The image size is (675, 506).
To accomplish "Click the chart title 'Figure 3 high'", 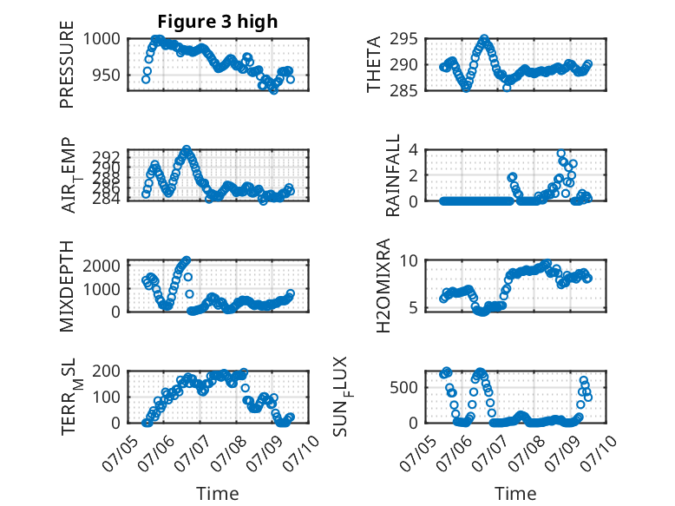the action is click(x=218, y=22).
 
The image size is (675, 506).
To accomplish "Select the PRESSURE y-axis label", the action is click(x=67, y=64).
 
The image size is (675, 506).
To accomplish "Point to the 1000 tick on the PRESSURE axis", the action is click(x=102, y=39).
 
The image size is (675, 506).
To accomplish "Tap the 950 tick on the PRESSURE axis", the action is click(x=107, y=75).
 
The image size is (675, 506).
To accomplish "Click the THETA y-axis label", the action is click(x=374, y=64).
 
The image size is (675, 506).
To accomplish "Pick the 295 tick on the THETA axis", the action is click(x=403, y=39).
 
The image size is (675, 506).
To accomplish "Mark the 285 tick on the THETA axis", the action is click(x=403, y=90).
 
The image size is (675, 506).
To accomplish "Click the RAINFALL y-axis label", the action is click(x=393, y=175).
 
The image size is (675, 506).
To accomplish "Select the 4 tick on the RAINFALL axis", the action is click(x=414, y=150).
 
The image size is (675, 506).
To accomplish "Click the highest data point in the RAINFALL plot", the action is click(x=560, y=154).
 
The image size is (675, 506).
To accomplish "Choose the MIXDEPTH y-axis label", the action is click(x=67, y=286).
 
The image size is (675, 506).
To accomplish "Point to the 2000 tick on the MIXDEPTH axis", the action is click(x=102, y=266).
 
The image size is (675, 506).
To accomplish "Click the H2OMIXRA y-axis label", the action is click(x=383, y=286).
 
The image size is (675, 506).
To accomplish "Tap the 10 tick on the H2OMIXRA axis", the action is click(x=409, y=260).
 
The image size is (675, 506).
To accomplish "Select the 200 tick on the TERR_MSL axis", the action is click(x=107, y=371).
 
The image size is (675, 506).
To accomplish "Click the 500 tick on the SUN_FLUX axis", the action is click(x=403, y=387).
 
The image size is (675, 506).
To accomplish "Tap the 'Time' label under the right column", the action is click(x=515, y=494).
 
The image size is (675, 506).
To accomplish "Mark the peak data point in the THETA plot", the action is click(x=484, y=39).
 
